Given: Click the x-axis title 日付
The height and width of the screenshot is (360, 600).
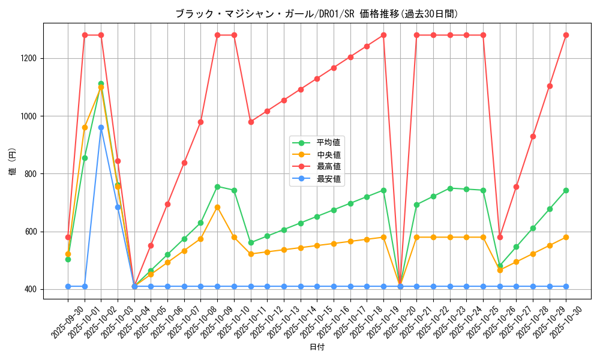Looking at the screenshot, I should point(317,347).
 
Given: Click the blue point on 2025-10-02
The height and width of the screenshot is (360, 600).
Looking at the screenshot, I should point(101,127).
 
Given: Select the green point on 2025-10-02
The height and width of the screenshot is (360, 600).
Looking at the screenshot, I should point(101,84).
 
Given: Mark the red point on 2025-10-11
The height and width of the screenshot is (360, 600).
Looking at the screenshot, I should point(251,122).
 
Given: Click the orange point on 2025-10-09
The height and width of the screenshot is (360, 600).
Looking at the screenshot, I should point(217,207).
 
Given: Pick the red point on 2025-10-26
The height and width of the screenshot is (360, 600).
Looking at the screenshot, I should point(500,237).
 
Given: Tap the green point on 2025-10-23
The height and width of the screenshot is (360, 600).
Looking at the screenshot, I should point(450,188).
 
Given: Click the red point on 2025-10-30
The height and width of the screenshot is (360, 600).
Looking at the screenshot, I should point(566,35).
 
